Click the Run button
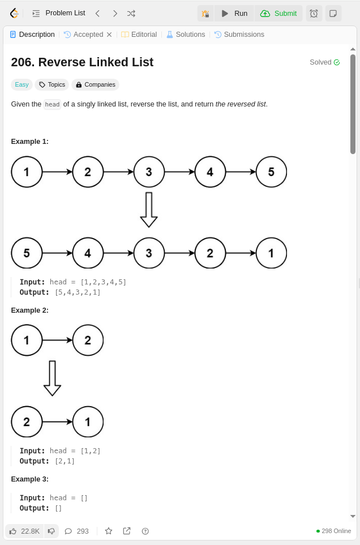click(x=234, y=13)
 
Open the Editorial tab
click(x=139, y=35)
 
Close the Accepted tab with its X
click(x=109, y=35)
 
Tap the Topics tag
click(x=52, y=84)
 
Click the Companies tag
click(x=95, y=84)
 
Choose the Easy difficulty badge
click(x=22, y=84)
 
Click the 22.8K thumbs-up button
click(x=24, y=531)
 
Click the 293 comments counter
click(x=76, y=531)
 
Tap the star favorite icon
click(x=109, y=531)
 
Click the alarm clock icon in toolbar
click(x=314, y=13)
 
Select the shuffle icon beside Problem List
click(x=131, y=13)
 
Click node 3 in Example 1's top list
click(x=149, y=172)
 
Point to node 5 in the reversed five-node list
click(x=27, y=253)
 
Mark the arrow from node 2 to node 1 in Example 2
click(x=57, y=421)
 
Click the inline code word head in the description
click(x=52, y=104)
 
